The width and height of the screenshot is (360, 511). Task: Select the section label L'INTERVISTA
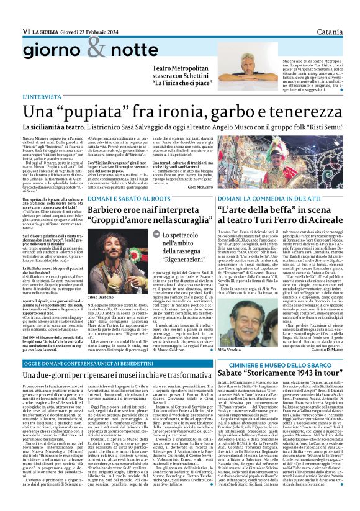42,97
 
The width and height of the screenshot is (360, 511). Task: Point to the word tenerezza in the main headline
295,111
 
